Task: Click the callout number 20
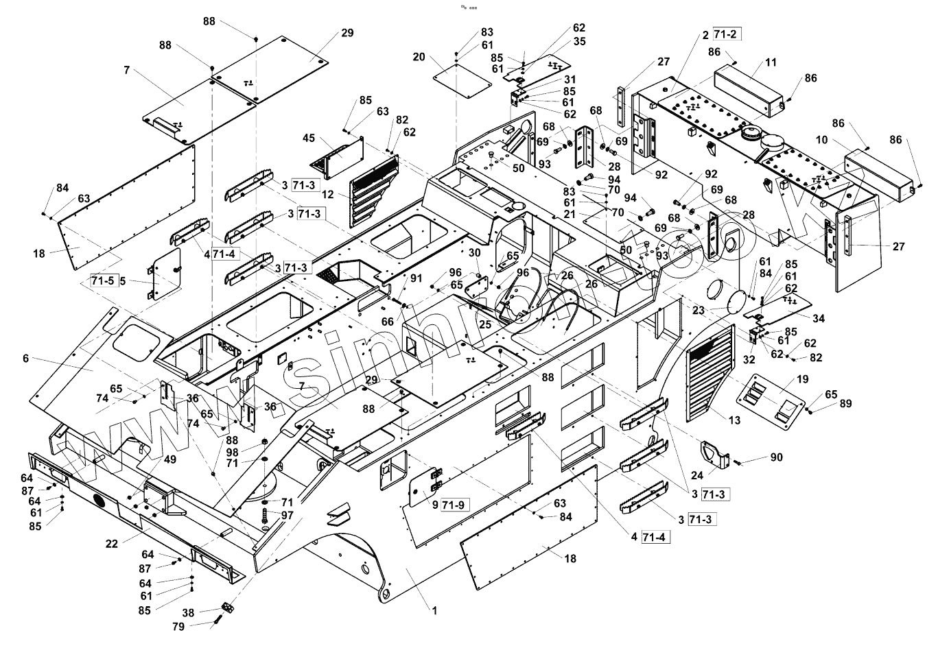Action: coord(419,57)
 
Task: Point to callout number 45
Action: coord(309,139)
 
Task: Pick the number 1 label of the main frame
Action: coord(434,608)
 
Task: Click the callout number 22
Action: coord(112,544)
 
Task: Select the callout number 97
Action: coord(287,515)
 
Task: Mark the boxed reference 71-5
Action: coord(102,280)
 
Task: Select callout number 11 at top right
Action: coord(771,62)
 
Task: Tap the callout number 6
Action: coord(26,359)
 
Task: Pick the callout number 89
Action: coord(845,404)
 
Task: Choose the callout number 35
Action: coord(580,41)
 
